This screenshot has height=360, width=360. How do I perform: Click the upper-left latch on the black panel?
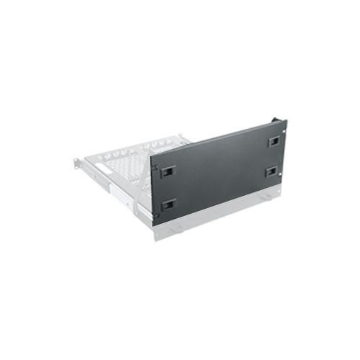(167, 172)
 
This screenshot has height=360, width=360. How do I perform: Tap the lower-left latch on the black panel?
(168, 204)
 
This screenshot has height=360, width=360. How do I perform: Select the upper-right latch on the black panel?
(274, 141)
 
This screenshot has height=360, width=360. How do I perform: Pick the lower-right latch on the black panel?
(271, 171)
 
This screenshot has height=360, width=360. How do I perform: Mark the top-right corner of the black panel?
(286, 121)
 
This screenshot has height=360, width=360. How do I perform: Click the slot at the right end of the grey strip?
(266, 195)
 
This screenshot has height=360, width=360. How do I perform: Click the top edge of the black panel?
(216, 138)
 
